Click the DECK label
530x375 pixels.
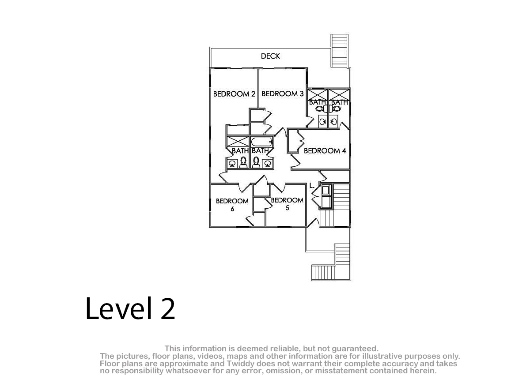pyautogui.click(x=270, y=56)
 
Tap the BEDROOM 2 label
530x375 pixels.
pyautogui.click(x=234, y=94)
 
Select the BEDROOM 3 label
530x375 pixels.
pyautogui.click(x=283, y=94)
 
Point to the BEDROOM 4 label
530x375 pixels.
pyautogui.click(x=325, y=150)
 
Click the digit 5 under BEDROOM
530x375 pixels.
pyautogui.click(x=287, y=208)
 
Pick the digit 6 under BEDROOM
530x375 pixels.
pyautogui.click(x=232, y=209)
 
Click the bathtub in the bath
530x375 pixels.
pyautogui.click(x=262, y=142)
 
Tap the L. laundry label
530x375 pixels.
pyautogui.click(x=312, y=186)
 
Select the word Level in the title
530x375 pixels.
pyautogui.click(x=118, y=308)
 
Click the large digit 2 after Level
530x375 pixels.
pyautogui.click(x=168, y=308)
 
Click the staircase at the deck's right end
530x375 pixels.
pyautogui.click(x=339, y=51)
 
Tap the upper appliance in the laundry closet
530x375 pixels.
pyautogui.click(x=326, y=190)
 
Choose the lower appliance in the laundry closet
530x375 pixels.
pyautogui.click(x=326, y=202)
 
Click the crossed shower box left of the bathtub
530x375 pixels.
pyautogui.click(x=238, y=142)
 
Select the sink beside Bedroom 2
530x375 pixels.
pyautogui.click(x=232, y=163)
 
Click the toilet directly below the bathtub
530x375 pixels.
pyautogui.click(x=256, y=162)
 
